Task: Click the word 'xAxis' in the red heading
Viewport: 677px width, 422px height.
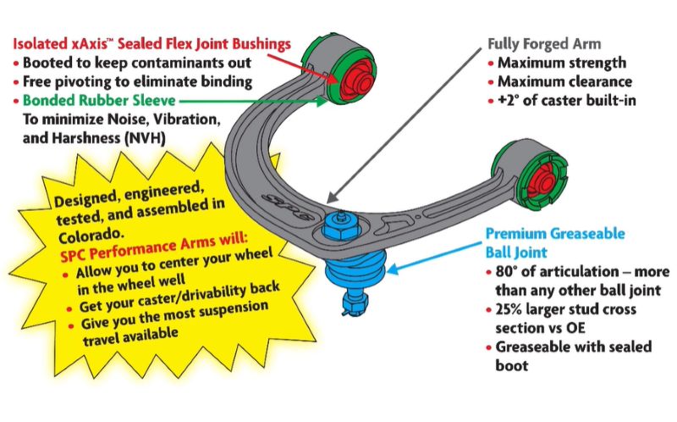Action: click(x=84, y=43)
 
